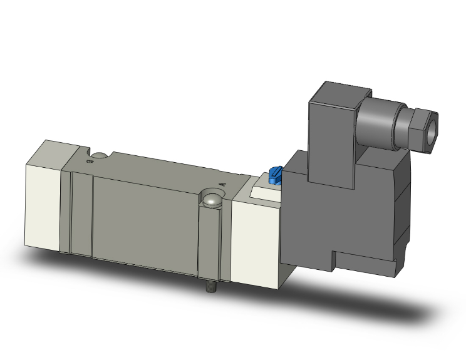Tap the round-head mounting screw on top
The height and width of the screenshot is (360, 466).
(211, 201)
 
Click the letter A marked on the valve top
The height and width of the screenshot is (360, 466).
(224, 184)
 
